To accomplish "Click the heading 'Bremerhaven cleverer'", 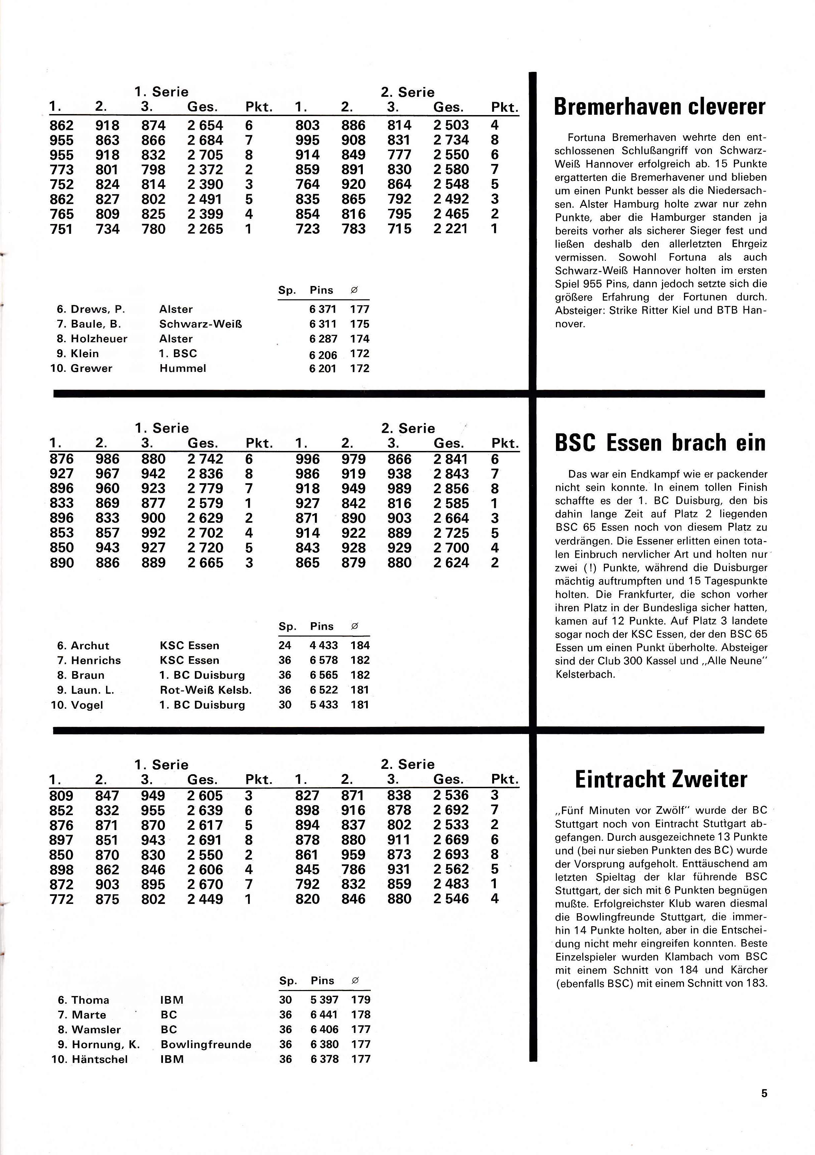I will point(659,107).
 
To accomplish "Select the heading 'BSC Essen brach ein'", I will point(659,443).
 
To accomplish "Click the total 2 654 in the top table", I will point(205,125).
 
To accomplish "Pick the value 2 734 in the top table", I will point(451,140).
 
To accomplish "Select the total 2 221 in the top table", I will point(451,229).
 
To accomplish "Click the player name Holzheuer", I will point(99,339).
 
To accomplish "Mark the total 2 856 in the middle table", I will point(451,489).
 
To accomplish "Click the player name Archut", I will point(90,646).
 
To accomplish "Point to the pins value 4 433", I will point(324,646).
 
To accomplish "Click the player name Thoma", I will point(90,1000).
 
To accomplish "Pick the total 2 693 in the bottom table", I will point(451,855).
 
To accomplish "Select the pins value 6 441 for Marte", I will point(325,1015).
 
